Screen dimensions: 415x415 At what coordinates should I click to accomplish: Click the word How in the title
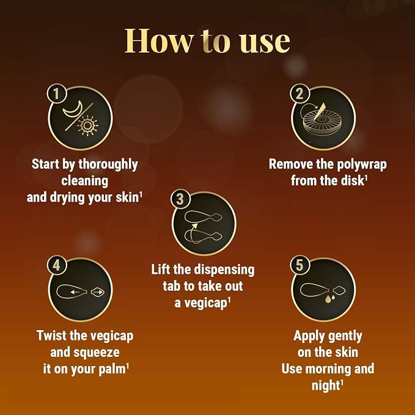(x=159, y=40)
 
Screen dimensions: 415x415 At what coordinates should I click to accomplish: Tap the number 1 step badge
(x=56, y=93)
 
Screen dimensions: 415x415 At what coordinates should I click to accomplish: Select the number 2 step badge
(x=299, y=93)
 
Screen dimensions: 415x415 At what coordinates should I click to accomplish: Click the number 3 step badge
(x=180, y=199)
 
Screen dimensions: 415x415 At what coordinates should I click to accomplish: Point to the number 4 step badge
(x=56, y=265)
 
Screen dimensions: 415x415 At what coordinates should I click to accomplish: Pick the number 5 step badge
(x=299, y=265)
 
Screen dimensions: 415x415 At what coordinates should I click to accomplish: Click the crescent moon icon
(x=73, y=109)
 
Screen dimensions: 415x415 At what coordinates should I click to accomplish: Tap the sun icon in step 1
(x=87, y=126)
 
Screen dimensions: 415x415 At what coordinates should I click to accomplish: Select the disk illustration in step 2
(x=322, y=123)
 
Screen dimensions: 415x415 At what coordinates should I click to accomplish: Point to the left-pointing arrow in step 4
(x=75, y=292)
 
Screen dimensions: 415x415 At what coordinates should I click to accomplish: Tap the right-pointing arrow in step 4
(x=98, y=292)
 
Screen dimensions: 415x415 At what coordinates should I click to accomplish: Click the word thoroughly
(x=108, y=164)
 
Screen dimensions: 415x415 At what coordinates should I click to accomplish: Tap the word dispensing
(x=224, y=270)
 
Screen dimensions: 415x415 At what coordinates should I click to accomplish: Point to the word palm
(x=111, y=370)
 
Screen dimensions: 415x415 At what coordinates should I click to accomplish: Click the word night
(x=325, y=385)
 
